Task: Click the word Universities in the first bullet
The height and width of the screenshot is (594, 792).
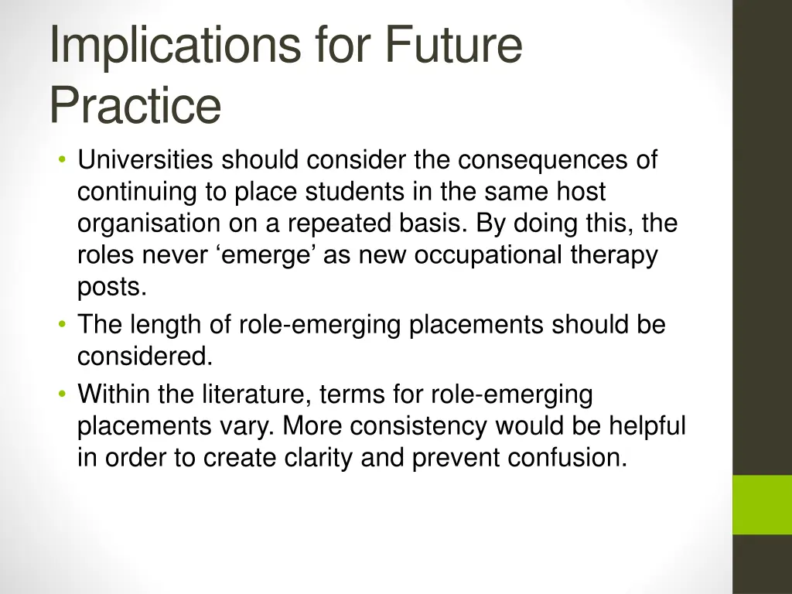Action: (x=145, y=160)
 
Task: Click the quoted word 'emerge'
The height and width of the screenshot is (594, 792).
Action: (x=266, y=255)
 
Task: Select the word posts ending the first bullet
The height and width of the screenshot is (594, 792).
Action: (x=111, y=287)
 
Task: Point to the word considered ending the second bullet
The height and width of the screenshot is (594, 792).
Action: (x=144, y=357)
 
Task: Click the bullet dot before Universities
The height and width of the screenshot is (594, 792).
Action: (x=61, y=161)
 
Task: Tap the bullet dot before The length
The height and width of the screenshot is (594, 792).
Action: (x=61, y=326)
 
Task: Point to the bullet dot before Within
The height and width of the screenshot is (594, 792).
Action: (x=61, y=395)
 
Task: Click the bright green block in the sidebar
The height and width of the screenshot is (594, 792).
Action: (x=762, y=504)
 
